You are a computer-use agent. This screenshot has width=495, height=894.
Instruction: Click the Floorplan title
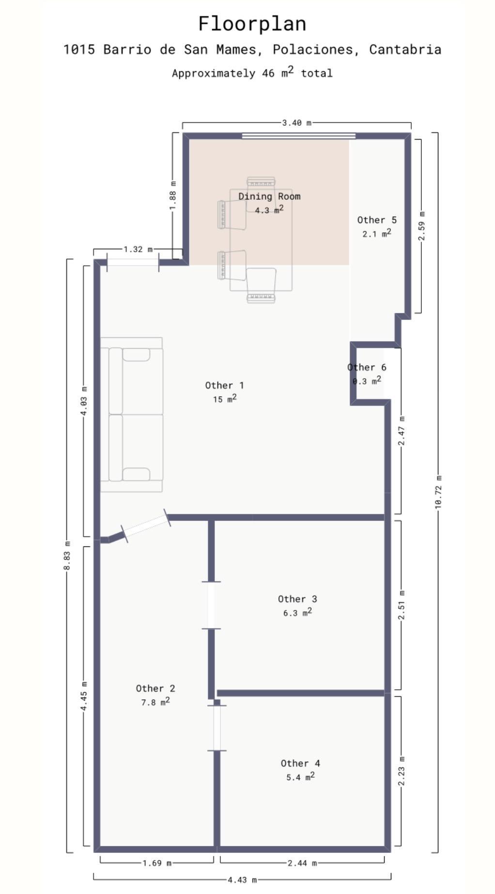[252, 24]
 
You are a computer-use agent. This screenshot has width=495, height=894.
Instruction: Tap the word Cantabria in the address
[405, 49]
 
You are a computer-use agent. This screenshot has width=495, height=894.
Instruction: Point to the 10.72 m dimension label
[438, 492]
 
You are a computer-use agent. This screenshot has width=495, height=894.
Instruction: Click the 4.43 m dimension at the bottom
[242, 879]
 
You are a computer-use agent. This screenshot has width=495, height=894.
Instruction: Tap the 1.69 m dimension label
[156, 863]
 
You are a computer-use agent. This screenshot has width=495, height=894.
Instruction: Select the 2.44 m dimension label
[302, 863]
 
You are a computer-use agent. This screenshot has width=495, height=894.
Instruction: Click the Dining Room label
[269, 196]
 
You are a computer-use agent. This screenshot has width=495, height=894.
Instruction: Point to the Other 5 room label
[377, 220]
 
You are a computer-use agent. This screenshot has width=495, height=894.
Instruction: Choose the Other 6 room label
[367, 367]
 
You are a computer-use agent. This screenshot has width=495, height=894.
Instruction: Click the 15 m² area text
[225, 399]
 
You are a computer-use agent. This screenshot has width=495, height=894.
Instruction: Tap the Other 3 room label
[297, 599]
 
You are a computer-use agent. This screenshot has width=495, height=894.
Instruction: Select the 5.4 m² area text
[300, 777]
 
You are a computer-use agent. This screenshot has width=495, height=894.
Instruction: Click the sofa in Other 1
[131, 415]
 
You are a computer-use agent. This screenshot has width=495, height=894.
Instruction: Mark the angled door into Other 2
[145, 526]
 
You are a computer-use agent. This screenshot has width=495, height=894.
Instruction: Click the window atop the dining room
[299, 136]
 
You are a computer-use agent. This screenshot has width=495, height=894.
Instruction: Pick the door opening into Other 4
[217, 728]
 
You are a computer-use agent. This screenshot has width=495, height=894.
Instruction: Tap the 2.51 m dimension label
[401, 605]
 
